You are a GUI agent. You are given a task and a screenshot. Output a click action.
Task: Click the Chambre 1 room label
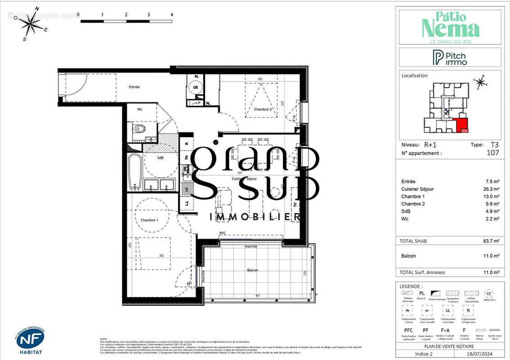149,220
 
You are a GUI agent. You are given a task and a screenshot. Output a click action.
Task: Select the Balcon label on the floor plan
253,270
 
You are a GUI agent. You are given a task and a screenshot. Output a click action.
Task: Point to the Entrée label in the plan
134,87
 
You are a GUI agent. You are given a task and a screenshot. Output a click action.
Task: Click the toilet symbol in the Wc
140,130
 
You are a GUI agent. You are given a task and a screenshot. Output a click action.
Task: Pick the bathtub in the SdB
135,172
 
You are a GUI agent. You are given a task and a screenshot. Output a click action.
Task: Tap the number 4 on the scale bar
172,14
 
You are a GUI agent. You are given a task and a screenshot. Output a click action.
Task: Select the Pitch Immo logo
450,58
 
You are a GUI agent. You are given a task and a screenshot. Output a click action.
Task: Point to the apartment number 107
492,153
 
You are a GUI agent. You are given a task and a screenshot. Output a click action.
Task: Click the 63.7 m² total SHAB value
490,241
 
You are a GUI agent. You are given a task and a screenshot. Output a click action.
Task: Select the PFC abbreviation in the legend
408,330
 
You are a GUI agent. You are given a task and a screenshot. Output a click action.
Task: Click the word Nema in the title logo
450,29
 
